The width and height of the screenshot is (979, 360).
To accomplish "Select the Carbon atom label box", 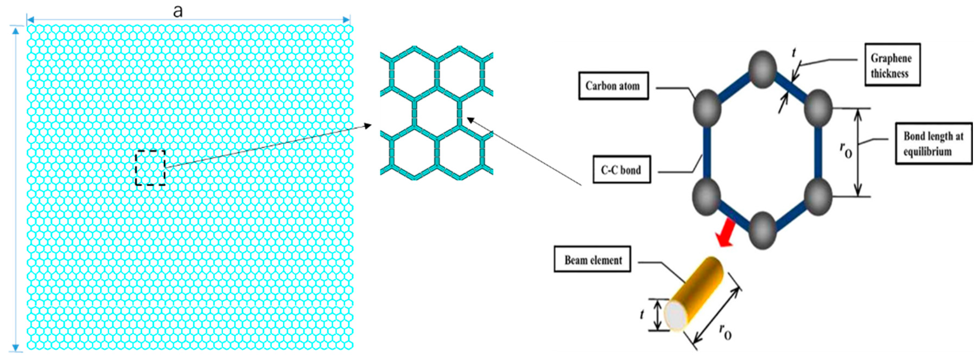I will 613,86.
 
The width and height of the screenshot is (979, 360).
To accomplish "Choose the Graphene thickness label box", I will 892,65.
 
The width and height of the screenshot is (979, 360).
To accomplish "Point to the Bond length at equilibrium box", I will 934,143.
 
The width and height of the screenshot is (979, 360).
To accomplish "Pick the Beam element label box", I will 592,260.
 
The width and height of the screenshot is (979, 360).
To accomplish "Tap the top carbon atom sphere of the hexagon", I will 763,69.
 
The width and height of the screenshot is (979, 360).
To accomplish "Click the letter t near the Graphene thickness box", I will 794,53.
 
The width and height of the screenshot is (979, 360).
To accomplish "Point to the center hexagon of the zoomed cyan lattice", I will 436,114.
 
